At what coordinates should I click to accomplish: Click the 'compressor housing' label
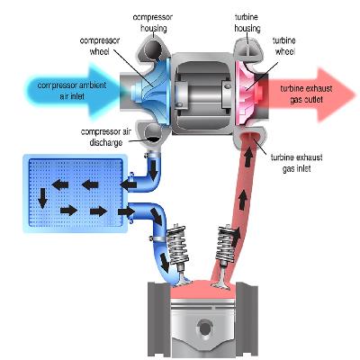click(x=153, y=22)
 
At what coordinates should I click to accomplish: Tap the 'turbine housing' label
click(x=247, y=22)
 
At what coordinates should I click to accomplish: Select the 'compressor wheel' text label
click(x=100, y=46)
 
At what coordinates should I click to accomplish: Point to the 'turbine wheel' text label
click(x=284, y=46)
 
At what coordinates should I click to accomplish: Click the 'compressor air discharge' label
click(x=106, y=137)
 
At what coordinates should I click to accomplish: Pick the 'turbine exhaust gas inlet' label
click(x=296, y=163)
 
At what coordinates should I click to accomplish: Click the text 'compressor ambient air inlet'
click(x=72, y=91)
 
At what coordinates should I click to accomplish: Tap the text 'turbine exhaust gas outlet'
click(x=306, y=94)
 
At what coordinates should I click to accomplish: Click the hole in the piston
click(x=205, y=328)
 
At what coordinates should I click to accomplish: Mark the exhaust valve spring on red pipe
click(x=226, y=244)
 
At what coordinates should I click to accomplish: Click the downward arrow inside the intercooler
click(x=42, y=198)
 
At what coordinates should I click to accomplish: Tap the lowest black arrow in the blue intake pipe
click(x=165, y=261)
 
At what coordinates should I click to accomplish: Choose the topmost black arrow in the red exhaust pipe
click(x=247, y=158)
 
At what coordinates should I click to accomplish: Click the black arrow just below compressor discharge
click(x=154, y=170)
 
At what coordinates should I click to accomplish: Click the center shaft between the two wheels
click(x=202, y=92)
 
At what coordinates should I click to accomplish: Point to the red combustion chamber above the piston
click(x=203, y=289)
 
